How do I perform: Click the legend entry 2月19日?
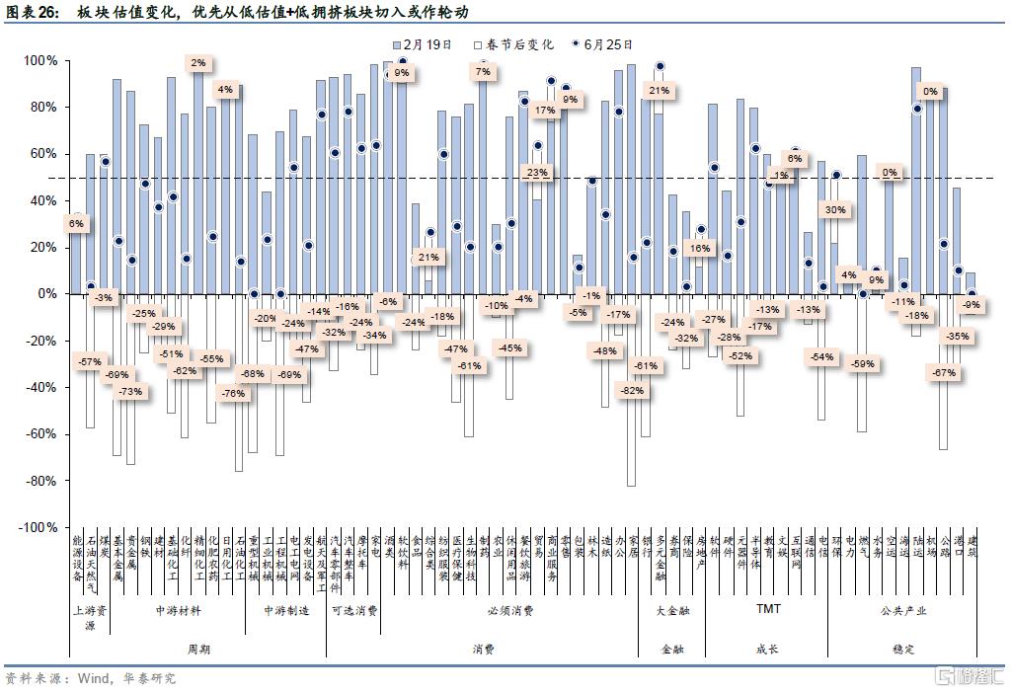428,44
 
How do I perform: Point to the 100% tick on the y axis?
40,60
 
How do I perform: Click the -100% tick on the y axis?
37,528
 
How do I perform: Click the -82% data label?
631,390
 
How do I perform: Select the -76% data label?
232,393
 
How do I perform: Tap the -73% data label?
129,391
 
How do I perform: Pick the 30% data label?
835,209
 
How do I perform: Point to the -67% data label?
944,372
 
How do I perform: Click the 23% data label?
536,173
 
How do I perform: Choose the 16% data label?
700,249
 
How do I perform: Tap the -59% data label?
862,363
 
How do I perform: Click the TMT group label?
767,609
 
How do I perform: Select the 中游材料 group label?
178,611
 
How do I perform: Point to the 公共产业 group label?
903,611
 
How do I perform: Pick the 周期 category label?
197,649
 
